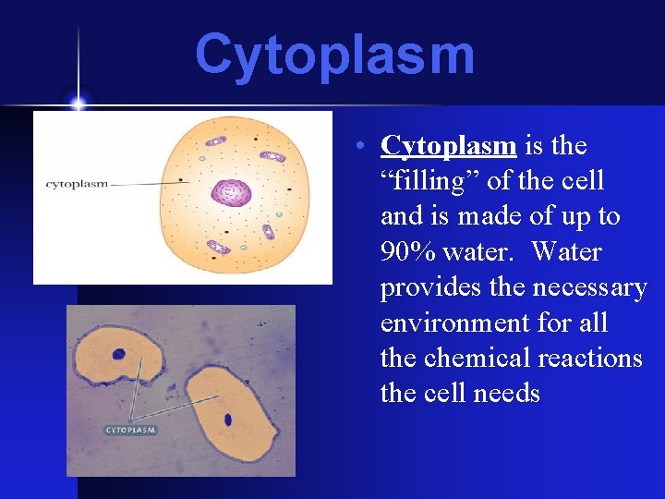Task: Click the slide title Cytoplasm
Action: pos(334,55)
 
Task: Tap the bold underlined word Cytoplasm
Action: pos(448,146)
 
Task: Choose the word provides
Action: pos(424,288)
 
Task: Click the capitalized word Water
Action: pos(567,252)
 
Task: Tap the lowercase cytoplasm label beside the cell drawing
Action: pos(77,184)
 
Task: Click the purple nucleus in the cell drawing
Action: pos(231,192)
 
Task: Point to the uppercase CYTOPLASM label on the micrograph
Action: pos(130,430)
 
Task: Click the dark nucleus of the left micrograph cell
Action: pos(119,353)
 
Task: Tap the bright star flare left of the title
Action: pos(78,102)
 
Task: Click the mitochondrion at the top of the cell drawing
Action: pos(215,141)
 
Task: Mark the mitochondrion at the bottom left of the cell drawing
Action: pos(218,247)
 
